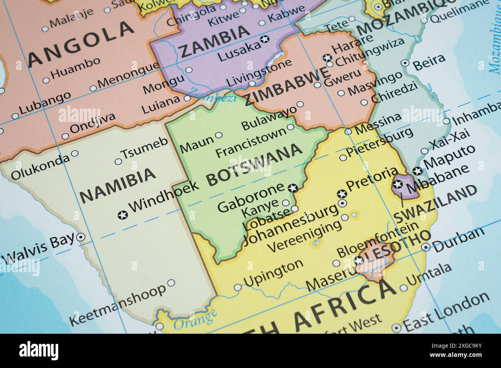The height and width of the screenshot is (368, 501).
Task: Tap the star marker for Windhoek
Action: [123, 215]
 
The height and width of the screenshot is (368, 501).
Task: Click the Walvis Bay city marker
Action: [81, 238]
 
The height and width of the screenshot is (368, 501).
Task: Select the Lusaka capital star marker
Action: [264, 39]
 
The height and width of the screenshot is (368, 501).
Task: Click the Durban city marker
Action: [425, 247]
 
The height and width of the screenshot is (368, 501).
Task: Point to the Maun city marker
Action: [219, 135]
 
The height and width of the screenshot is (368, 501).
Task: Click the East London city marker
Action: [396, 328]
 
